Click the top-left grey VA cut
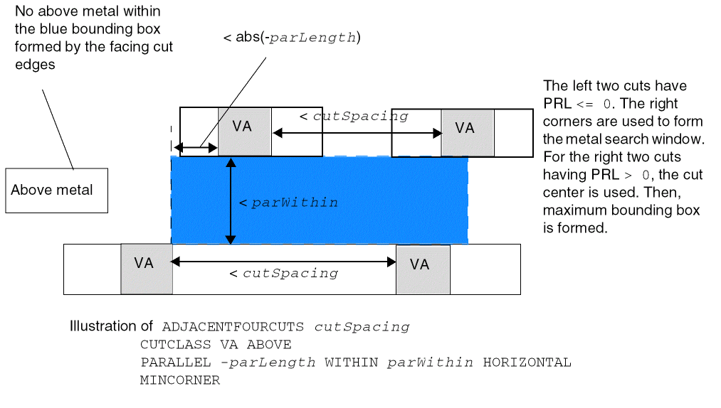(x=245, y=131)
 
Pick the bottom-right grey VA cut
(x=423, y=269)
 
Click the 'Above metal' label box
(x=56, y=190)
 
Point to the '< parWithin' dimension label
(x=288, y=203)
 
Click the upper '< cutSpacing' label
(x=353, y=116)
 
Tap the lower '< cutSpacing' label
(x=283, y=273)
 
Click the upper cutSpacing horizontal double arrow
(x=356, y=133)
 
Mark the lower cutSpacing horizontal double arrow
(x=284, y=262)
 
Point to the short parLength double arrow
(x=196, y=148)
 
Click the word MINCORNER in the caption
(x=180, y=380)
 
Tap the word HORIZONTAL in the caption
(x=527, y=363)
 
